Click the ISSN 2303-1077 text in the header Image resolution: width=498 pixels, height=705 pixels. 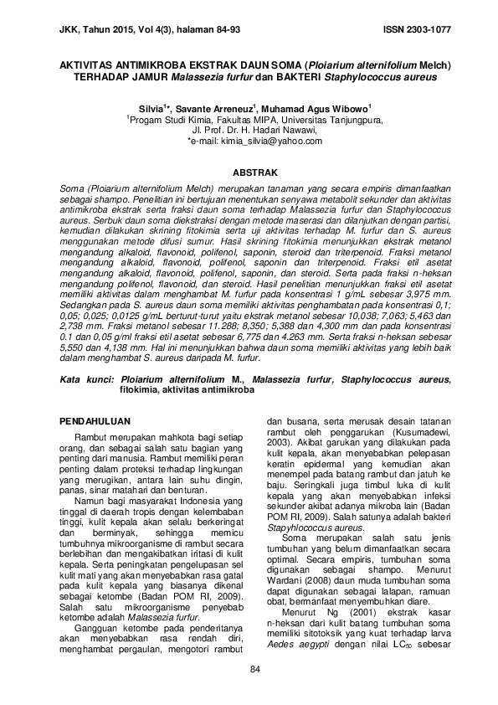tap(417, 29)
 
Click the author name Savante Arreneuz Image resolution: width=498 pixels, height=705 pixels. tap(208, 109)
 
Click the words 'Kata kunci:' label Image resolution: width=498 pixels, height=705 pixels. tap(89, 379)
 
